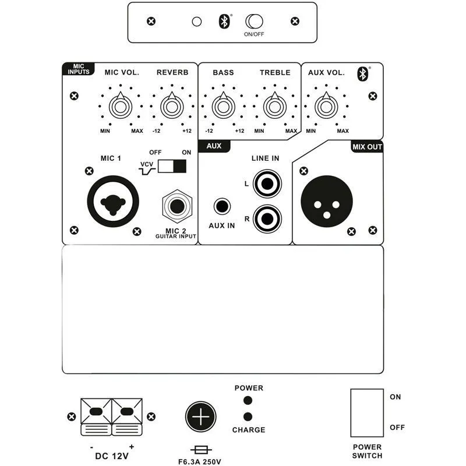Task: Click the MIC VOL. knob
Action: [x=121, y=107]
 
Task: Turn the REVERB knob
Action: [x=172, y=107]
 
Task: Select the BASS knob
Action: [x=223, y=107]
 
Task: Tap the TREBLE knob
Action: [x=274, y=107]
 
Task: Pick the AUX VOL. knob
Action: [x=326, y=107]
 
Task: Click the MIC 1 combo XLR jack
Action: [x=113, y=202]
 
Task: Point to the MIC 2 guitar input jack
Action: [x=177, y=206]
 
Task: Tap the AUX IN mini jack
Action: [x=222, y=206]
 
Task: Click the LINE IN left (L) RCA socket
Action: [x=267, y=184]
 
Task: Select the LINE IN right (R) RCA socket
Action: [x=267, y=219]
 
